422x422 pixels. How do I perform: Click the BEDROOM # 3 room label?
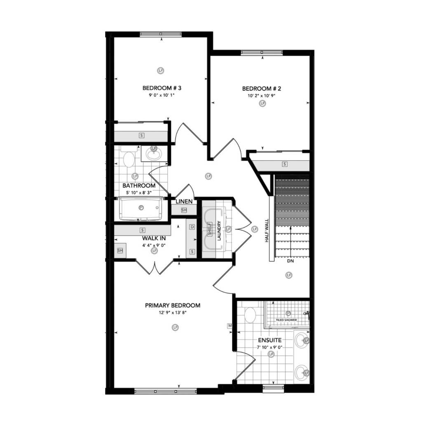(x=162, y=88)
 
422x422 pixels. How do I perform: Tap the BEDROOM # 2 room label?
(x=262, y=89)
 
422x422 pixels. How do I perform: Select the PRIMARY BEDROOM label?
(x=173, y=305)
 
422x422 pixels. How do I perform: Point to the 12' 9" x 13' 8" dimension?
(x=173, y=313)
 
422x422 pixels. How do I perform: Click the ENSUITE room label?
(x=270, y=340)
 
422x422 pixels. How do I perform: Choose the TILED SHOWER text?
(x=286, y=320)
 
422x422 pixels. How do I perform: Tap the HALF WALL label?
(x=267, y=231)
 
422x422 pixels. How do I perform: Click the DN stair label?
(x=291, y=261)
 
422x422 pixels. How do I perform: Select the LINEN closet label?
(x=184, y=201)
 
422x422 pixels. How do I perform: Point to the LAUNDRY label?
(x=219, y=231)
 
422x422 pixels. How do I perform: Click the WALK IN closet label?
(x=154, y=239)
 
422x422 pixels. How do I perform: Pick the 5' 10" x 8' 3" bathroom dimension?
(x=139, y=193)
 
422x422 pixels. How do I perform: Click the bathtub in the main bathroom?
(x=141, y=209)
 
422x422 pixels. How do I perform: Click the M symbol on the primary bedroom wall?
(x=230, y=326)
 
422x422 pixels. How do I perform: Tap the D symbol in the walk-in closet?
(x=192, y=227)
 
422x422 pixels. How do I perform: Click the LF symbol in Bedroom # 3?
(x=161, y=70)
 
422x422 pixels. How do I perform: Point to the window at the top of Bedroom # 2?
(x=262, y=52)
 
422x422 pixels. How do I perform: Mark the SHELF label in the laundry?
(x=209, y=229)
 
